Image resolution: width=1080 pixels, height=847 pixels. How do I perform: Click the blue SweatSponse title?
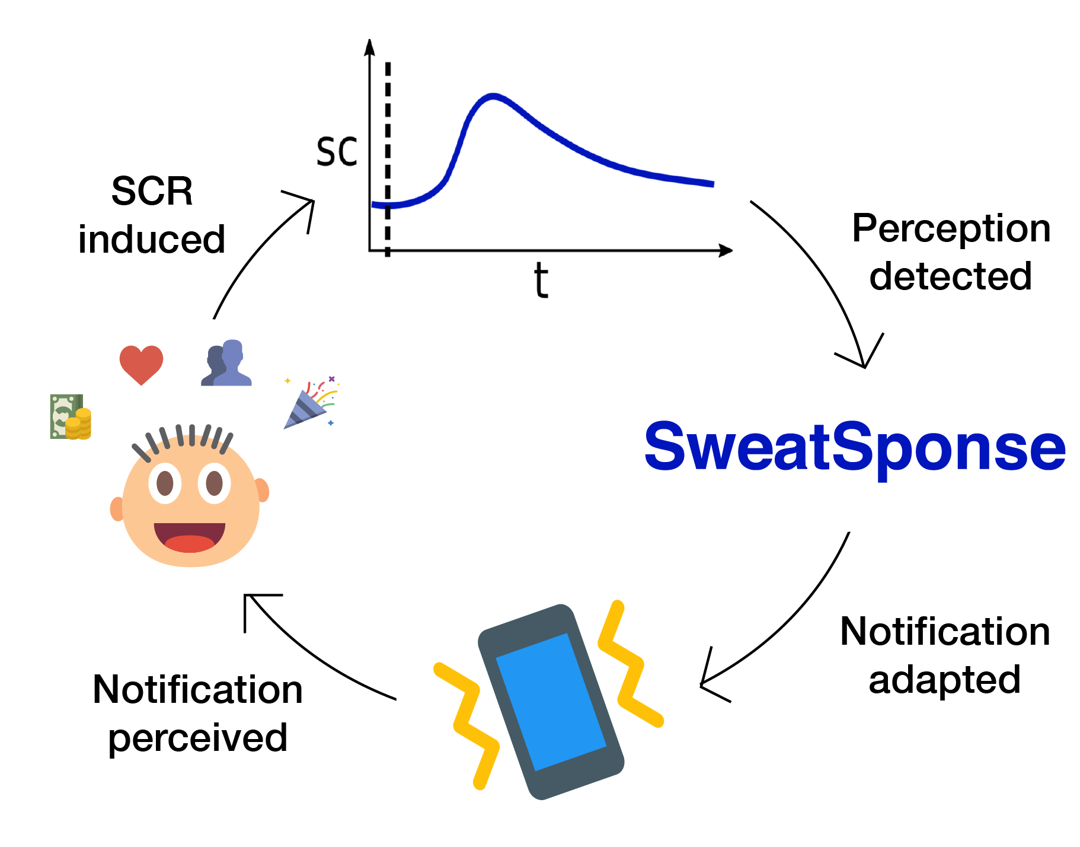pyautogui.click(x=855, y=448)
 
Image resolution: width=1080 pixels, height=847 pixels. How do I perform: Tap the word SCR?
pyautogui.click(x=152, y=191)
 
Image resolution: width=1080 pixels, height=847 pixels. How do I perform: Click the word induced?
pyautogui.click(x=152, y=239)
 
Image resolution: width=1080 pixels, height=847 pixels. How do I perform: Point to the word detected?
pyautogui.click(x=951, y=276)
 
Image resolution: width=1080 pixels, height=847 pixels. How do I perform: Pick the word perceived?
pyautogui.click(x=198, y=739)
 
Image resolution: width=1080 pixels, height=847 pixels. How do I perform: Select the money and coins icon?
pyautogui.click(x=71, y=416)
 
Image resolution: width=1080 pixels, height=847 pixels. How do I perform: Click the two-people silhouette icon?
pyautogui.click(x=226, y=363)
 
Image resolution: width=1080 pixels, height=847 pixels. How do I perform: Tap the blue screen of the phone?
pyautogui.click(x=551, y=702)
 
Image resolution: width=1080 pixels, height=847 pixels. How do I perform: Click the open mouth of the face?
pyautogui.click(x=190, y=537)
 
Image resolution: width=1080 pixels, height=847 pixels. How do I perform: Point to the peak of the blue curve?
pyautogui.click(x=493, y=95)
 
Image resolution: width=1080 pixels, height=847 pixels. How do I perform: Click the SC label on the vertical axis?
pyautogui.click(x=337, y=151)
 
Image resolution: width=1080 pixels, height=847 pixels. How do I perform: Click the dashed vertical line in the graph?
pyautogui.click(x=388, y=159)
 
